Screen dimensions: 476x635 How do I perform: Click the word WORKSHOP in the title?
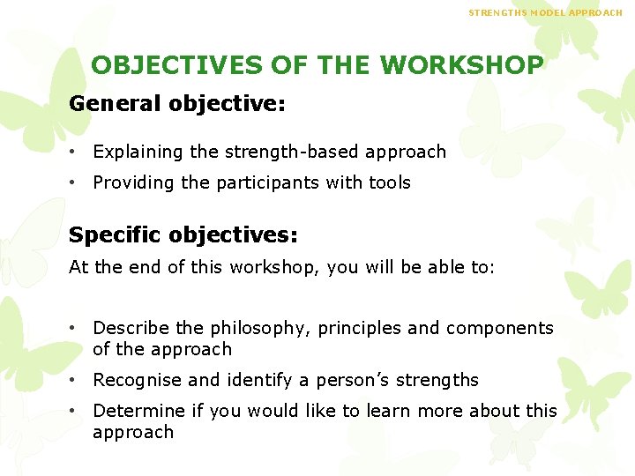pyautogui.click(x=462, y=66)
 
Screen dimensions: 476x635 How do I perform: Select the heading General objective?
pyautogui.click(x=177, y=104)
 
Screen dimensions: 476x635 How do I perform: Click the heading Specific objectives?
pyautogui.click(x=183, y=235)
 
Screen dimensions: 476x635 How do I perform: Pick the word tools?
pyautogui.click(x=391, y=182)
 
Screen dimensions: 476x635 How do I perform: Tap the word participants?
pyautogui.click(x=284, y=182)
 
